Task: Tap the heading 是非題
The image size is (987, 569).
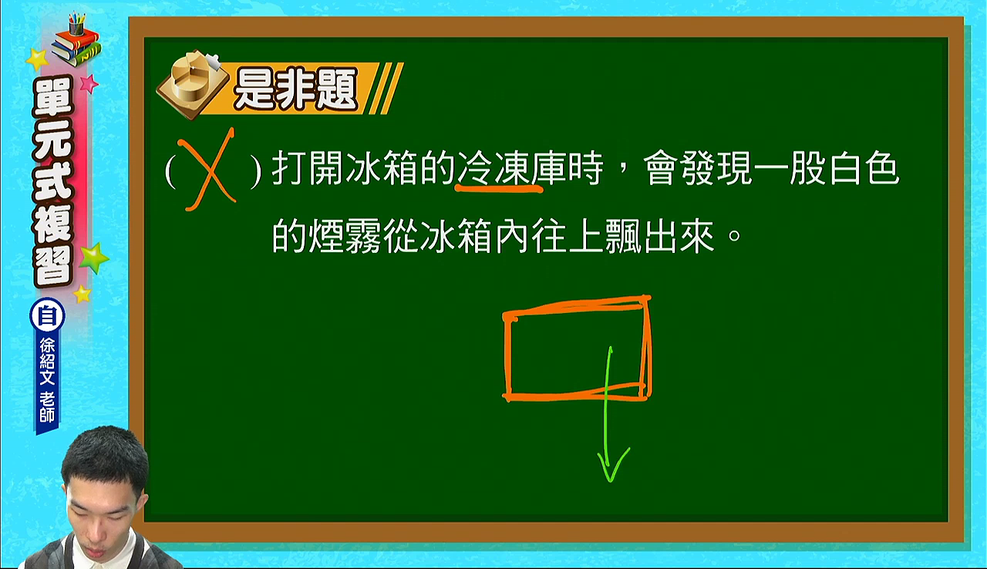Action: coord(295,89)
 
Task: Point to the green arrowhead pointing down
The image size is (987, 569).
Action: coord(612,466)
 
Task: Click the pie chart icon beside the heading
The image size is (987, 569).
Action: coord(193,84)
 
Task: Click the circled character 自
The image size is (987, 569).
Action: coord(47,316)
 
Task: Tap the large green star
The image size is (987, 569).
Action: coord(93,258)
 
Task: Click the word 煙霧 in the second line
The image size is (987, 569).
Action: coord(345,237)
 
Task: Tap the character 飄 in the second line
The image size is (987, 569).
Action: coord(623,237)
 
